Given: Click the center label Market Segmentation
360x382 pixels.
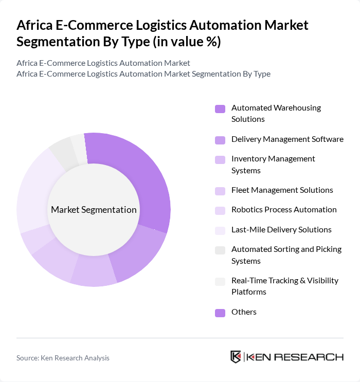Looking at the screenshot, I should pyautogui.click(x=94, y=210).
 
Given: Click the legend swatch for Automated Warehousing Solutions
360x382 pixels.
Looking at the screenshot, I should pyautogui.click(x=220, y=108).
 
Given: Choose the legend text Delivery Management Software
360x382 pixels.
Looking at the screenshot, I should pyautogui.click(x=287, y=139).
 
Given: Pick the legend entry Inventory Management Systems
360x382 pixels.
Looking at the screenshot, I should pyautogui.click(x=273, y=165).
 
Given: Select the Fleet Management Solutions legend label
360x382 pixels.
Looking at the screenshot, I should pyautogui.click(x=282, y=190).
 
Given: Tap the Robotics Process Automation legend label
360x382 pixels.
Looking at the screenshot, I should pyautogui.click(x=284, y=210).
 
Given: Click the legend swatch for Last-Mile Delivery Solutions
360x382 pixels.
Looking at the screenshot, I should pyautogui.click(x=220, y=230).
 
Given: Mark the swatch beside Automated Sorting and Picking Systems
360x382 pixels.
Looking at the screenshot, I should pyautogui.click(x=220, y=250).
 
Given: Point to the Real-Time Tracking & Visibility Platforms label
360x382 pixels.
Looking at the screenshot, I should pyautogui.click(x=284, y=286).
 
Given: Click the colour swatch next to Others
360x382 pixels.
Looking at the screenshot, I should pyautogui.click(x=220, y=312).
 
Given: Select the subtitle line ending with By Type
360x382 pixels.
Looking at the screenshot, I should pyautogui.click(x=143, y=74).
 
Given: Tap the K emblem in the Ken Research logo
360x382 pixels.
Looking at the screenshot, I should pyautogui.click(x=236, y=357).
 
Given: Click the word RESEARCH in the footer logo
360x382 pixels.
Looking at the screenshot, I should pyautogui.click(x=314, y=357).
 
